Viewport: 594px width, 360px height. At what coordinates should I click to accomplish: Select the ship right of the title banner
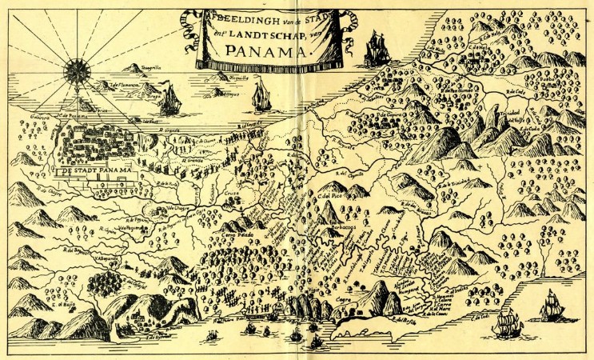[375, 50]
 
